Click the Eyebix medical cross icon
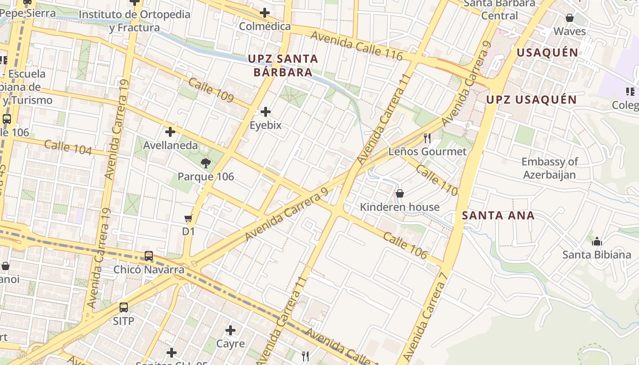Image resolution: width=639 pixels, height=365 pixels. pyautogui.click(x=265, y=112)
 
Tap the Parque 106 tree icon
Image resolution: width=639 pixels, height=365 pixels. pyautogui.click(x=205, y=163)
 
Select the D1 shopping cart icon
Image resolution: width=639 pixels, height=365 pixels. pyautogui.click(x=188, y=219)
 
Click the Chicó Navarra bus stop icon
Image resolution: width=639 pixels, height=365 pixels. pyautogui.click(x=149, y=256)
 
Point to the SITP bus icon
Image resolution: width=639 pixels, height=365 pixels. pyautogui.click(x=124, y=308)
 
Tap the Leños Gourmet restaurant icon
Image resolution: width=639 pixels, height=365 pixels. pyautogui.click(x=427, y=138)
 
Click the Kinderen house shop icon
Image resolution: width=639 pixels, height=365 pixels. pyautogui.click(x=400, y=193)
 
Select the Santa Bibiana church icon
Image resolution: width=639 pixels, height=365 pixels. pyautogui.click(x=597, y=241)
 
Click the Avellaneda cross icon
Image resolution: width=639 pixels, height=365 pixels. pyautogui.click(x=170, y=132)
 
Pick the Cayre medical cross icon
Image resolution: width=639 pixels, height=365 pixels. pyautogui.click(x=230, y=330)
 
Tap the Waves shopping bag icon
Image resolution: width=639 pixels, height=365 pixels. pyautogui.click(x=570, y=18)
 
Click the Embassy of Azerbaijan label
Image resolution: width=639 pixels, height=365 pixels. pyautogui.click(x=550, y=168)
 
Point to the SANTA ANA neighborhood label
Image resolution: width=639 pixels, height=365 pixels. pyautogui.click(x=498, y=215)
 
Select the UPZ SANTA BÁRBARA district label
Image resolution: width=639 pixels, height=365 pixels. pyautogui.click(x=283, y=65)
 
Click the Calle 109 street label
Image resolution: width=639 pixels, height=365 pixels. pyautogui.click(x=211, y=90)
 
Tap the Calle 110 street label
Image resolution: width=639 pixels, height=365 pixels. pyautogui.click(x=436, y=180)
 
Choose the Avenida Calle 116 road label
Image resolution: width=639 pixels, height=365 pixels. pyautogui.click(x=356, y=46)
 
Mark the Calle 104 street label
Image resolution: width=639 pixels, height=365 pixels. pyautogui.click(x=68, y=147)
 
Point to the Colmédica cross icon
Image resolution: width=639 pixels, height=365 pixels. pyautogui.click(x=264, y=13)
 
